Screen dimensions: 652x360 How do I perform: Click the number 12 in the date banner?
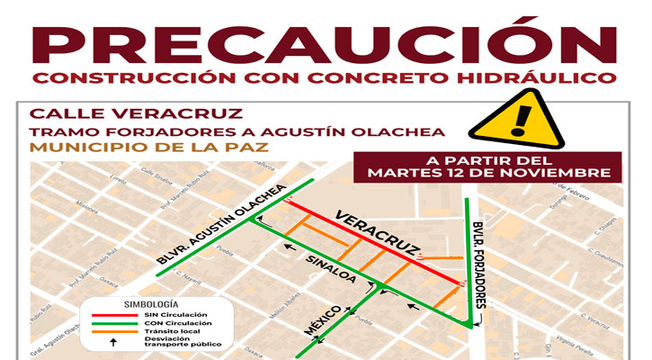pos(466,171)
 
